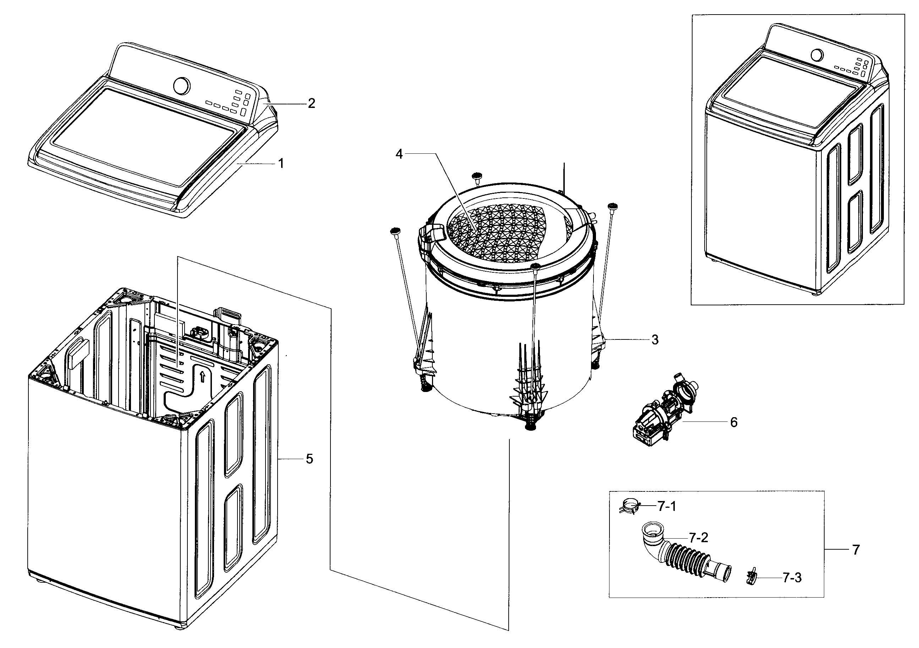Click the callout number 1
[281, 163]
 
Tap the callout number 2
[311, 104]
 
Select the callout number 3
[655, 340]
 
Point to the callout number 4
[399, 154]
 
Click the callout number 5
[309, 459]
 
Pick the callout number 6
[734, 422]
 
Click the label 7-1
[667, 507]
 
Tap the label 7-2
[699, 538]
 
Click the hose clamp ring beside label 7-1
[630, 507]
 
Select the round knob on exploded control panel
[182, 85]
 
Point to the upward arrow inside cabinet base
[202, 376]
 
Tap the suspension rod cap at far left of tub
[395, 231]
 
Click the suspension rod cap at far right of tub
[613, 206]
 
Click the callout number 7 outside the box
[856, 550]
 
